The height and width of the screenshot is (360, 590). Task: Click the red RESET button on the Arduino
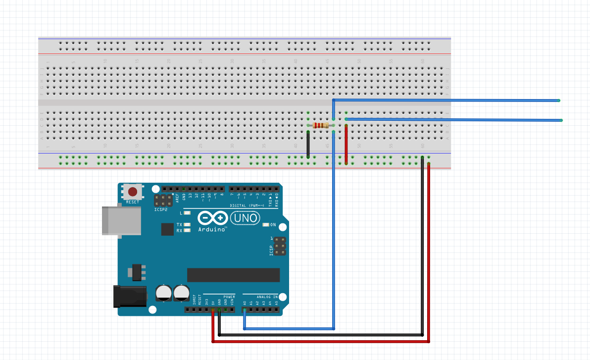[133, 192]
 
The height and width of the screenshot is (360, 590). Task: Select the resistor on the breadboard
[321, 126]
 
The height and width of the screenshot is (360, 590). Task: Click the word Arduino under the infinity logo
[212, 230]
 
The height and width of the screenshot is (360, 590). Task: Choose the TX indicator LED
[187, 225]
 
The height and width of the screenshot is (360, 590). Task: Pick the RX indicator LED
[187, 230]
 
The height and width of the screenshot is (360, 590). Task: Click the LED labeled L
[187, 213]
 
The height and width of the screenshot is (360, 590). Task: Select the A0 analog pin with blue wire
[245, 310]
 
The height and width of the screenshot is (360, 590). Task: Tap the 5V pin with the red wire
[213, 310]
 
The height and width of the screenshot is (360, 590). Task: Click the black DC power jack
[130, 296]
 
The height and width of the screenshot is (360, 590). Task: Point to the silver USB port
[121, 220]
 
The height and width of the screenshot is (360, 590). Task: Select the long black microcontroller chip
[233, 275]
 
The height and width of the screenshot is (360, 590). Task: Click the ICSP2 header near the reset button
[161, 201]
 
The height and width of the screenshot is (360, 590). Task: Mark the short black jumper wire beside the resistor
[308, 144]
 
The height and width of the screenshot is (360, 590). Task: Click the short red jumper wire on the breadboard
[346, 144]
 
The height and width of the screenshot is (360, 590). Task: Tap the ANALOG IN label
[267, 297]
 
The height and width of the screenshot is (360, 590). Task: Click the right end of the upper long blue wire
[558, 101]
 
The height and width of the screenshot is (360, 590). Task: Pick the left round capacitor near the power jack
[164, 292]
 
